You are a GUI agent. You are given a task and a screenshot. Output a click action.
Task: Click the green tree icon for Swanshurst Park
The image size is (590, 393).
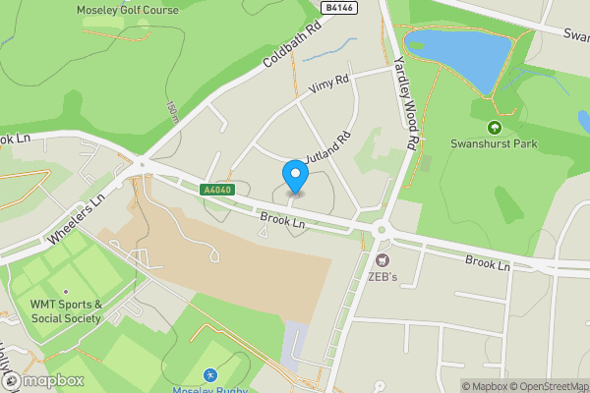(x=494, y=127)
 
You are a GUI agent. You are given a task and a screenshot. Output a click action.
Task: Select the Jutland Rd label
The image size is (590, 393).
(x=327, y=149)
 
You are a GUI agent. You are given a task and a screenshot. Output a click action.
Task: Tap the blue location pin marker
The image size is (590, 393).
(x=295, y=177)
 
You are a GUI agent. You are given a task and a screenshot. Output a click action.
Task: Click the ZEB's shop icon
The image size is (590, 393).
(x=382, y=260)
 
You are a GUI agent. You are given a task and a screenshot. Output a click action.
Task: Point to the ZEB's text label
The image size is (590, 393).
(x=382, y=277)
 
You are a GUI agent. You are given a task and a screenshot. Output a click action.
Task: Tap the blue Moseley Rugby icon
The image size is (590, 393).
(x=209, y=375)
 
